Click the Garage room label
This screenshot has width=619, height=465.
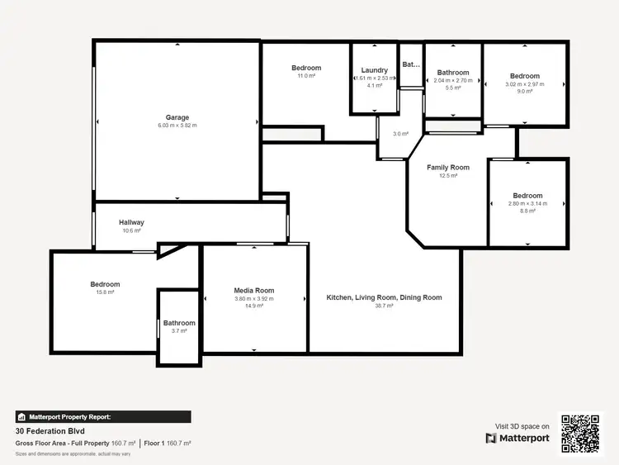pos(177,117)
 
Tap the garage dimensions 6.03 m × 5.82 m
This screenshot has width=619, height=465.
pos(177,126)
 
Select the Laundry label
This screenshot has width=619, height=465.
pos(375,71)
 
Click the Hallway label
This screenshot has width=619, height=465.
pos(131,222)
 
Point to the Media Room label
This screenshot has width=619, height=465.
pos(254,291)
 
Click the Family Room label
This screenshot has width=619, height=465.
pos(448,168)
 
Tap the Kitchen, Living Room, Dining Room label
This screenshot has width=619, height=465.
pos(384,297)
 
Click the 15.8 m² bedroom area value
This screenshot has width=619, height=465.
pos(105,292)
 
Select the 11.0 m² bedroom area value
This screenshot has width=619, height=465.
pos(306,76)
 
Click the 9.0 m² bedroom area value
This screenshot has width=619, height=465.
pos(525,92)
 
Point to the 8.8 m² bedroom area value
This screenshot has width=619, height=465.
pos(528,211)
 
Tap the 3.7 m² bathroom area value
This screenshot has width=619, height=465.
pos(179,330)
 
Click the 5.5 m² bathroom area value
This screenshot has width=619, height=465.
pos(453,88)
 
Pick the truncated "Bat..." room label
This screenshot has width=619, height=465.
pos(410,64)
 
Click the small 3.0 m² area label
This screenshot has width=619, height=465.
pos(400,134)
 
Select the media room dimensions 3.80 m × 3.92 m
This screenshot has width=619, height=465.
pos(254,298)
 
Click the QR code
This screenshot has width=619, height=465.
pos(582,433)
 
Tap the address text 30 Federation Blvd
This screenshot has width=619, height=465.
pos(50,431)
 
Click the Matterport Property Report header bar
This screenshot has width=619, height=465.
pos(103,417)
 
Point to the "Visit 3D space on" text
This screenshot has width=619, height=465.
pos(522,426)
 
